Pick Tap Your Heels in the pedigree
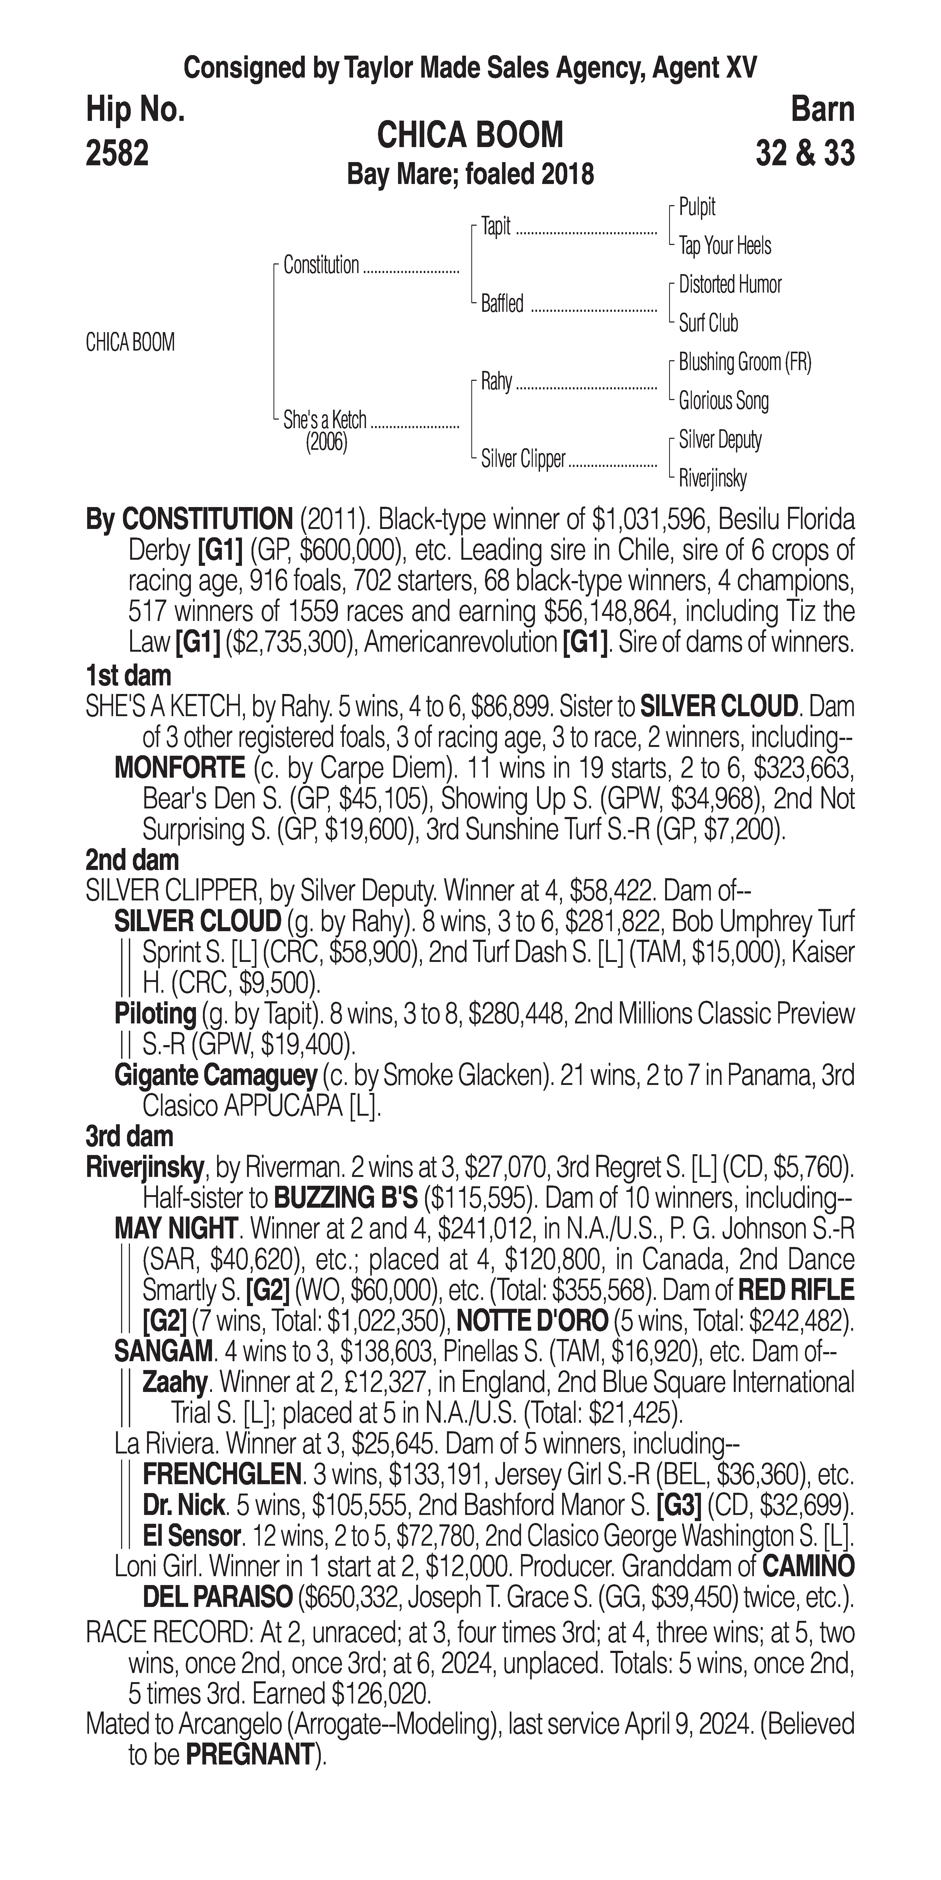click(724, 246)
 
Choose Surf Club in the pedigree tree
click(708, 323)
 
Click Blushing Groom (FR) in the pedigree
click(744, 362)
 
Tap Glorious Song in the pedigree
click(723, 401)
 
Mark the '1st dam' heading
click(128, 675)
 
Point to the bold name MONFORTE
click(179, 768)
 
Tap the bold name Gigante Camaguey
click(215, 1075)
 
